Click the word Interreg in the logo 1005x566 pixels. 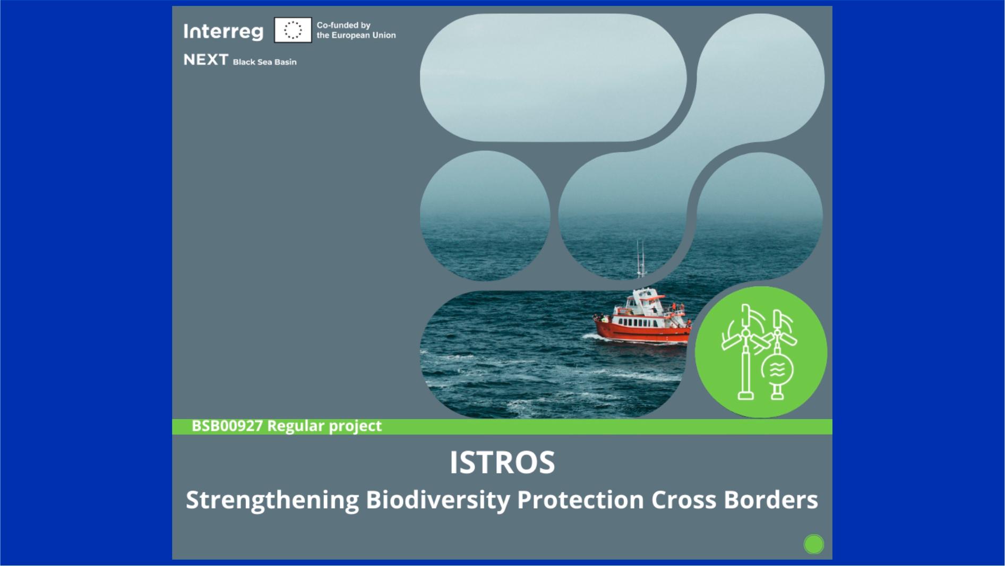pos(223,31)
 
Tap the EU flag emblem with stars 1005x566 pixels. pos(293,30)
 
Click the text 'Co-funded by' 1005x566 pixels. pos(343,25)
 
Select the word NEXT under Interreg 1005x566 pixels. pos(205,59)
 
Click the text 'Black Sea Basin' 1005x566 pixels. pos(264,62)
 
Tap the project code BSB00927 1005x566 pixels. pos(227,426)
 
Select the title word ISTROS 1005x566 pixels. pos(502,462)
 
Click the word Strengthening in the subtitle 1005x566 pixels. pos(272,500)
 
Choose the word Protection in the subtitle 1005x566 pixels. pos(580,500)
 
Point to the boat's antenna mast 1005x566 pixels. pos(641,260)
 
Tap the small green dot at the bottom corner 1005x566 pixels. pos(813,544)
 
